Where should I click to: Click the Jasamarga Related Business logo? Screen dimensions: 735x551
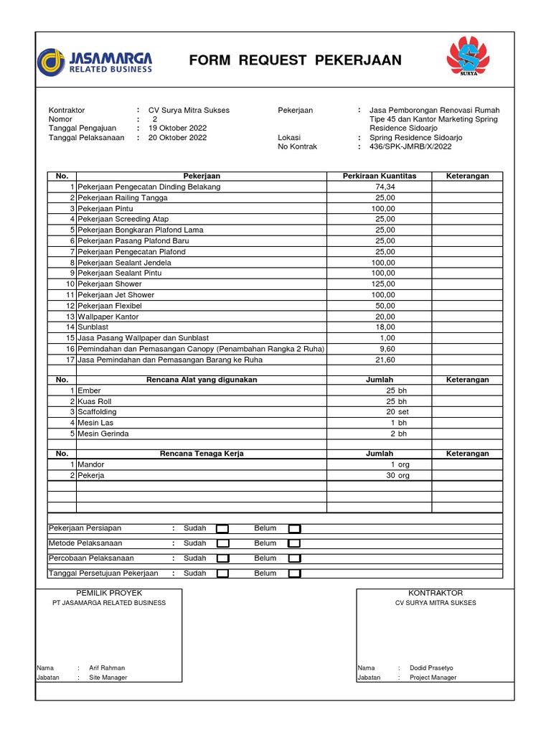coord(95,61)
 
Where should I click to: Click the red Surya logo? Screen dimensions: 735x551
coord(471,57)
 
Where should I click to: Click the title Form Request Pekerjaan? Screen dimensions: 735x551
coord(296,61)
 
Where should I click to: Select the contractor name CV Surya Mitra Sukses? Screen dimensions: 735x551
coord(189,110)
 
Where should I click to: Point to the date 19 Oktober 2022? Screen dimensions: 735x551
coord(177,128)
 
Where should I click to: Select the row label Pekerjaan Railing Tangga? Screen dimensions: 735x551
coord(123,197)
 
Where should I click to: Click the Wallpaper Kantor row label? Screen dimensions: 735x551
coord(108,317)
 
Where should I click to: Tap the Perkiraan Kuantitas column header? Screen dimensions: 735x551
coord(379,176)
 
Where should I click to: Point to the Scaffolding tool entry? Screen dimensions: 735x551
coord(97,412)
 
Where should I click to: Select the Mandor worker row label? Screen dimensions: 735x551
coord(90,464)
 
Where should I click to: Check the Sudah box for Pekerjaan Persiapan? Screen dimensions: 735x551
coord(222,529)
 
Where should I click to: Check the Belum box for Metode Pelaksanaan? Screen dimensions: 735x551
coord(294,544)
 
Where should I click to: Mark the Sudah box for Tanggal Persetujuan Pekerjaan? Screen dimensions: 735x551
coord(222,574)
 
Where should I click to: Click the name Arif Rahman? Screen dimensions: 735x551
coord(107,668)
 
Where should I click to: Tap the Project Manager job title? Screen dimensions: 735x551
coord(433,678)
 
